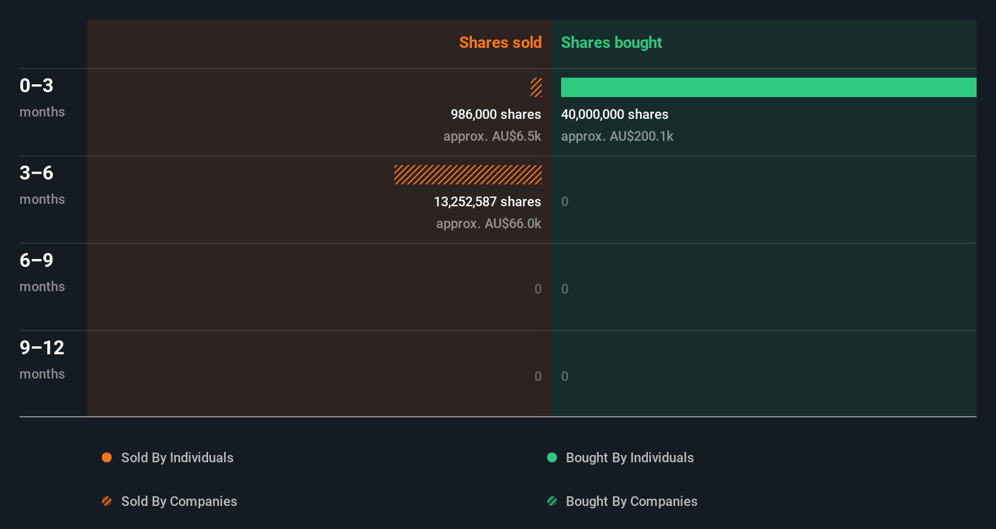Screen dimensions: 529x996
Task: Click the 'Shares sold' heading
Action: coord(500,42)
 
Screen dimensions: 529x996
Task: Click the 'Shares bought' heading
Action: coord(611,42)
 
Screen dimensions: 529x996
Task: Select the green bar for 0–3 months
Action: coord(769,87)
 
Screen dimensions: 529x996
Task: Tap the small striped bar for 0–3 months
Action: coord(536,87)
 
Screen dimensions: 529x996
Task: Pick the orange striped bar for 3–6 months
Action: coord(468,175)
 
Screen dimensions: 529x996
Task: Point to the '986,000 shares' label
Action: coord(496,114)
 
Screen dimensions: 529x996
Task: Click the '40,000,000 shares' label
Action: coord(614,114)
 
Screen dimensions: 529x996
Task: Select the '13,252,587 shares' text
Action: coord(487,201)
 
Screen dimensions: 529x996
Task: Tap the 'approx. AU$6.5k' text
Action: coord(492,136)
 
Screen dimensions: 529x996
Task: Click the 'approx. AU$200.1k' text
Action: coord(617,136)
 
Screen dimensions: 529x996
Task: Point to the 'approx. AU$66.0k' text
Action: coord(488,223)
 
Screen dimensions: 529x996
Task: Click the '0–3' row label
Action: coord(36,86)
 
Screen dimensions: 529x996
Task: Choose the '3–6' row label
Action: coord(36,173)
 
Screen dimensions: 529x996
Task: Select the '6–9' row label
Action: coord(36,260)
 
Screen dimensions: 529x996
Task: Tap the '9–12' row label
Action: coord(42,348)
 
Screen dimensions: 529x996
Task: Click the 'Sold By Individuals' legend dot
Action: coord(107,457)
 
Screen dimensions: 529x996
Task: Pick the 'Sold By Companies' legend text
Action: coord(179,501)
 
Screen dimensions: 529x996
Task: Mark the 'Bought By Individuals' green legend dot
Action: coord(552,457)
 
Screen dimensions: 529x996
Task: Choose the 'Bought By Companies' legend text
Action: coord(631,501)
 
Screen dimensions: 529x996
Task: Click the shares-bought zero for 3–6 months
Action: coord(565,201)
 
